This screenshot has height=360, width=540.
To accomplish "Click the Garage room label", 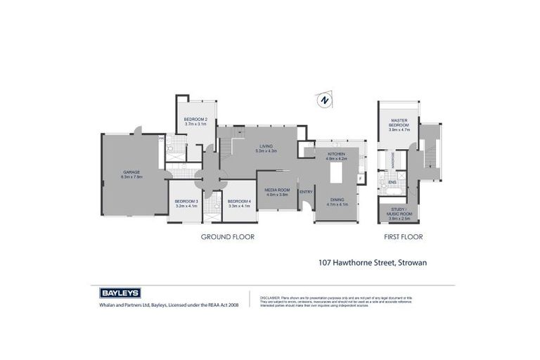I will point(131,172).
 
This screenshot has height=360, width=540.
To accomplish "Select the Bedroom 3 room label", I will point(186,202).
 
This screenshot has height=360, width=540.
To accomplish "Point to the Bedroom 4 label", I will point(239,202).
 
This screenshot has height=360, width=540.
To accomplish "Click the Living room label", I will point(266,146).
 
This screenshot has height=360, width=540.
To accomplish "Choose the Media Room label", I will point(277,191).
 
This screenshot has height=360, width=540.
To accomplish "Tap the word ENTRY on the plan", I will point(306,192).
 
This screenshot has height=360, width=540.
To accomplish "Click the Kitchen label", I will point(335,154).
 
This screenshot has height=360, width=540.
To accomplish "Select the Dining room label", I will point(337,200).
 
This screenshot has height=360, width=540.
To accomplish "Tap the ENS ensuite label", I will point(392,183).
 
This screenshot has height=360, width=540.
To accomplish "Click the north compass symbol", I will point(323,101).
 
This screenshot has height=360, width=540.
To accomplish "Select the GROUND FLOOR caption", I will point(228,237).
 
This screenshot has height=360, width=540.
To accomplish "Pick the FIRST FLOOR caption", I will point(403,237).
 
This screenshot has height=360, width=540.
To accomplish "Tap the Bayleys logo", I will point(120,292).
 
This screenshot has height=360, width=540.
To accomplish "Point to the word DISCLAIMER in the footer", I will point(271,298).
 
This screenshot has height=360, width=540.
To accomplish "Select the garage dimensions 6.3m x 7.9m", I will point(131,176).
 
